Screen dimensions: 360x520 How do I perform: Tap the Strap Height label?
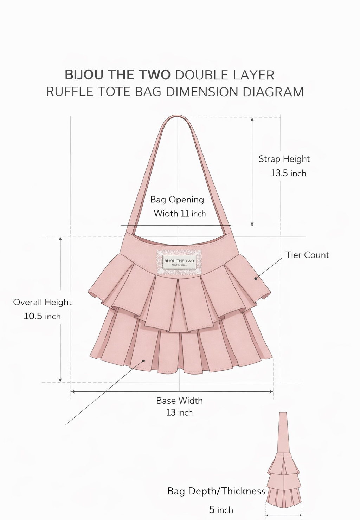284,159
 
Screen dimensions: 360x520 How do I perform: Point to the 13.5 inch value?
288,173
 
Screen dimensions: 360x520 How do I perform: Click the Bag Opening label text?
177,200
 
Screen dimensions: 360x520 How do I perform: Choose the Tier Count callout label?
307,255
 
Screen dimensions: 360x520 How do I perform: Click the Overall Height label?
42,302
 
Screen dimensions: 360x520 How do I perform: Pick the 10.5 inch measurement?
42,316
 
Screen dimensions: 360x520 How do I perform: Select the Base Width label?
179,401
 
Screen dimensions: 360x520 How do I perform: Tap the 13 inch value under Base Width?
179,412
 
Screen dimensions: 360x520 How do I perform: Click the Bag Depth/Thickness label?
216,491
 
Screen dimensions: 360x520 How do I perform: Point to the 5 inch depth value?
221,510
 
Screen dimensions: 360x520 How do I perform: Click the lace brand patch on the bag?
179,262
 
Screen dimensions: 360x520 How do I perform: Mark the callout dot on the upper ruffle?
256,278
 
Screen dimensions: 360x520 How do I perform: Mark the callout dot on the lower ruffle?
143,360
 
